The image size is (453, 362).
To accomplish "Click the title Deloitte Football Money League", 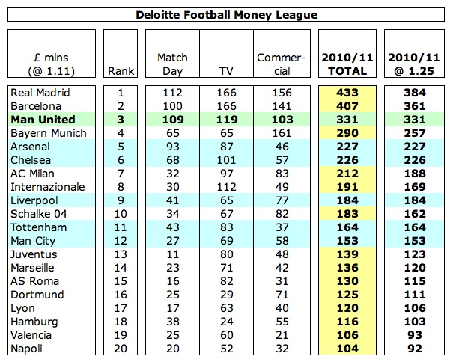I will (x=226, y=14).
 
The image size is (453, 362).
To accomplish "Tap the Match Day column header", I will (x=173, y=64).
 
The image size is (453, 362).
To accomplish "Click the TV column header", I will (x=226, y=71).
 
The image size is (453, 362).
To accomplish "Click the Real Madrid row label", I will (x=40, y=93).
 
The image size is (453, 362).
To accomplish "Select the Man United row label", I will (x=43, y=120).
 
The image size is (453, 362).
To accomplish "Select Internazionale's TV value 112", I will (x=226, y=187).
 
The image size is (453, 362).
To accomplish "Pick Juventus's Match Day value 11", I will (x=173, y=254).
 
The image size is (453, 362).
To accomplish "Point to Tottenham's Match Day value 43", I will (x=173, y=227).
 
